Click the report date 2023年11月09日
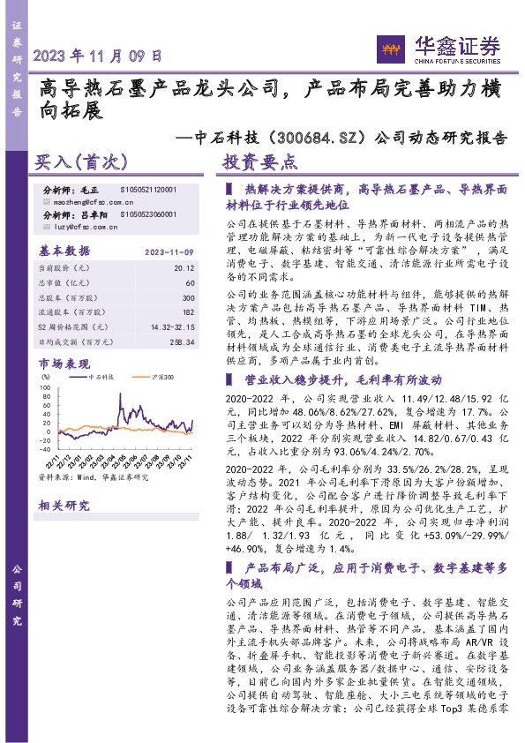click(98, 55)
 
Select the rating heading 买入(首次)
click(81, 163)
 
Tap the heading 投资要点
click(259, 163)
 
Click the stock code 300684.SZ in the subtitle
click(317, 138)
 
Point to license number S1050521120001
click(147, 190)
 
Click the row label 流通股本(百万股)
click(68, 313)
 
